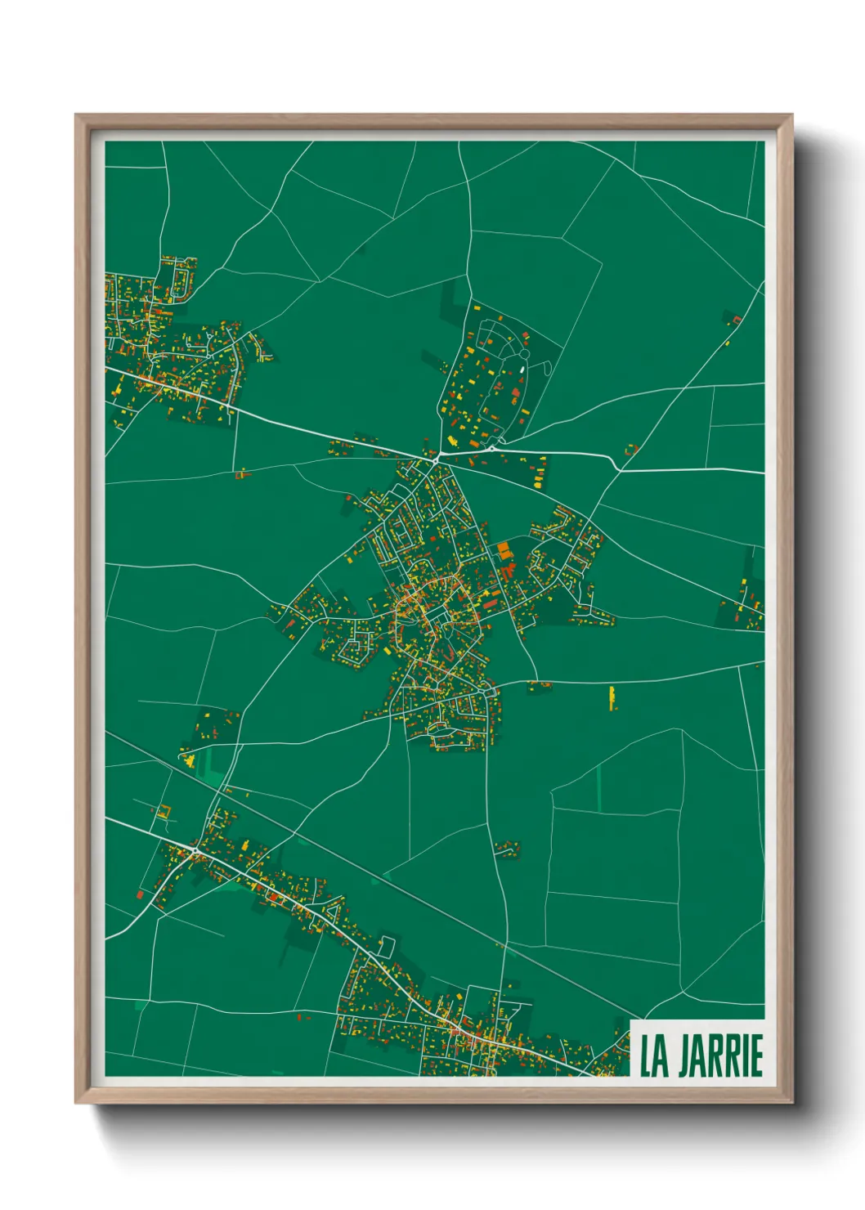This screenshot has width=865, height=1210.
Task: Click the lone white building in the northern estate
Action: [x=522, y=370]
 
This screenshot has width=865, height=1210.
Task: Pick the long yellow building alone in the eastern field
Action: [x=612, y=697]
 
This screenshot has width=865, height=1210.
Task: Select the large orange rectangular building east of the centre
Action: [x=503, y=548]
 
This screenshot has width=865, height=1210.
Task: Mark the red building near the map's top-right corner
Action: [x=735, y=319]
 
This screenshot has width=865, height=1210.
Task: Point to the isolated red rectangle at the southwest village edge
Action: [x=140, y=894]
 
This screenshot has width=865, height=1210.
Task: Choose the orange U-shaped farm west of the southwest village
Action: [x=163, y=813]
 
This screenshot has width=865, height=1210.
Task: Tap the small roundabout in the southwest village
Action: [x=195, y=853]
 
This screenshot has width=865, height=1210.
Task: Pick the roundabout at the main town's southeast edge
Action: [x=490, y=692]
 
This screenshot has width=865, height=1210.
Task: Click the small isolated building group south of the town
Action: [x=507, y=847]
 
